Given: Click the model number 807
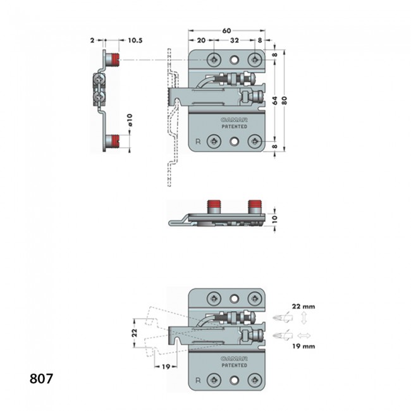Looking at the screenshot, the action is (x=41, y=379).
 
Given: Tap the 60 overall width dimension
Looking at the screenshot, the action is (x=226, y=31).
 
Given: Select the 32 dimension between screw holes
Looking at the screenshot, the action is (x=235, y=40).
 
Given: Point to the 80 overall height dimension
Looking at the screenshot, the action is (x=284, y=101).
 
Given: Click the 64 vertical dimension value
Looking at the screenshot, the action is (x=274, y=101).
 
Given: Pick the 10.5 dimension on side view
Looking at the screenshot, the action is (x=135, y=40).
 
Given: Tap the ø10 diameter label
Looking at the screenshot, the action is (x=130, y=120).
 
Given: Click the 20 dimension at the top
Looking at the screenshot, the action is (x=201, y=40).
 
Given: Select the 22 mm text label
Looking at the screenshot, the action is (x=304, y=307).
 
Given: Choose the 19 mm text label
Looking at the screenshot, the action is (x=304, y=347).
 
